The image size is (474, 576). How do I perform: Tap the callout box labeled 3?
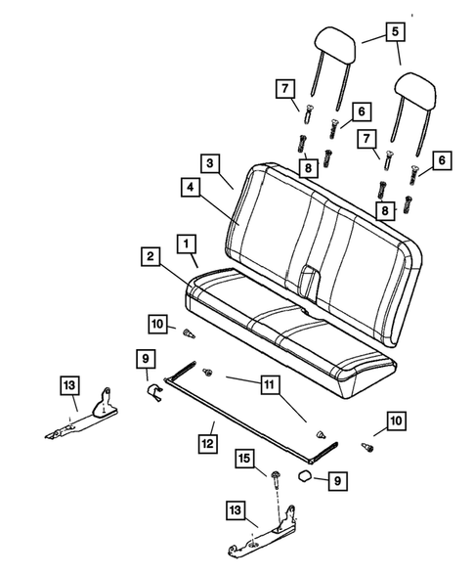pyautogui.click(x=212, y=162)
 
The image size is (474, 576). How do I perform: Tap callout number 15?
pyautogui.click(x=244, y=458)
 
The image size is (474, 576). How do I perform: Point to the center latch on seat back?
pyautogui.click(x=312, y=278)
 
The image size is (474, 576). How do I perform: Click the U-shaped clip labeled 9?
pyautogui.click(x=152, y=393)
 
